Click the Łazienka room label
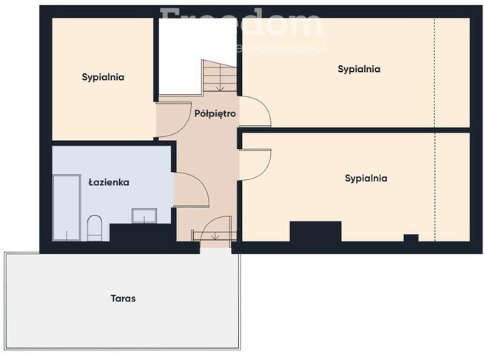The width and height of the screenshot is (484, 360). tap(109, 181)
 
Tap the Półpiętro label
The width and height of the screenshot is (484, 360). tap(215, 114)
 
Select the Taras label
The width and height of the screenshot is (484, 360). tap(124, 299)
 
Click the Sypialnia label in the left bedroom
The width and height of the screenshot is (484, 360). tap(103, 76)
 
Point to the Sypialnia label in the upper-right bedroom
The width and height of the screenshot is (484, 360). tap(359, 69)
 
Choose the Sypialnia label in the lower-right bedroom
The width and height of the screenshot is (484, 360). tap(366, 178)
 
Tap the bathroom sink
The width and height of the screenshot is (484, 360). tap(144, 216)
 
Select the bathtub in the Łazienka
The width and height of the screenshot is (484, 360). tap(67, 207)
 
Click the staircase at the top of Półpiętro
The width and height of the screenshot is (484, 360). tap(219, 77)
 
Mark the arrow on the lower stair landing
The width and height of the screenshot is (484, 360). tap(215, 236)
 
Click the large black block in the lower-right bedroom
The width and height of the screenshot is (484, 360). tap(315, 232)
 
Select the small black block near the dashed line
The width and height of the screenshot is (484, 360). tap(411, 238)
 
